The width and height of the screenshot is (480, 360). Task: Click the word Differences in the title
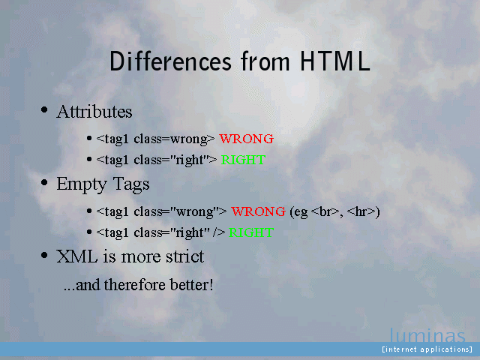170,61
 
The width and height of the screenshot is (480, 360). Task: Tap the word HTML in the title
335,61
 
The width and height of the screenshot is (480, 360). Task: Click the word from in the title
265,61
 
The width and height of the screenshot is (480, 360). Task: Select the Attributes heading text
94,112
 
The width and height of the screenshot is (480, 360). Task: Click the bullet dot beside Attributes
44,109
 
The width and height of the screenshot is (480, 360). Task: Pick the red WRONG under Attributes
247,139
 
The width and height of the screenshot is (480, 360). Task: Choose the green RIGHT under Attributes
243,160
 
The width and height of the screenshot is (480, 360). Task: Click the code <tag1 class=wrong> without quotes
155,139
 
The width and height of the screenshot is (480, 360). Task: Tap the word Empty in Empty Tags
82,184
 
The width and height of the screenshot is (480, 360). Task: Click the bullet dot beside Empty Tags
44,182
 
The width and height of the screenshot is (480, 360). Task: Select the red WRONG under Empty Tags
258,211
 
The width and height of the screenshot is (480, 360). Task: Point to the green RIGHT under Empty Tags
251,232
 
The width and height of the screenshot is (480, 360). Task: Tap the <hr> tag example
361,211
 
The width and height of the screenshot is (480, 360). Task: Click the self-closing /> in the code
219,232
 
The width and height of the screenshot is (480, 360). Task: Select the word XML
76,256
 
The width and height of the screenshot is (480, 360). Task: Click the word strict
185,256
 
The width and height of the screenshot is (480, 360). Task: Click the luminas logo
427,335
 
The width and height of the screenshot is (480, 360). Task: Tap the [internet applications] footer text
427,349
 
